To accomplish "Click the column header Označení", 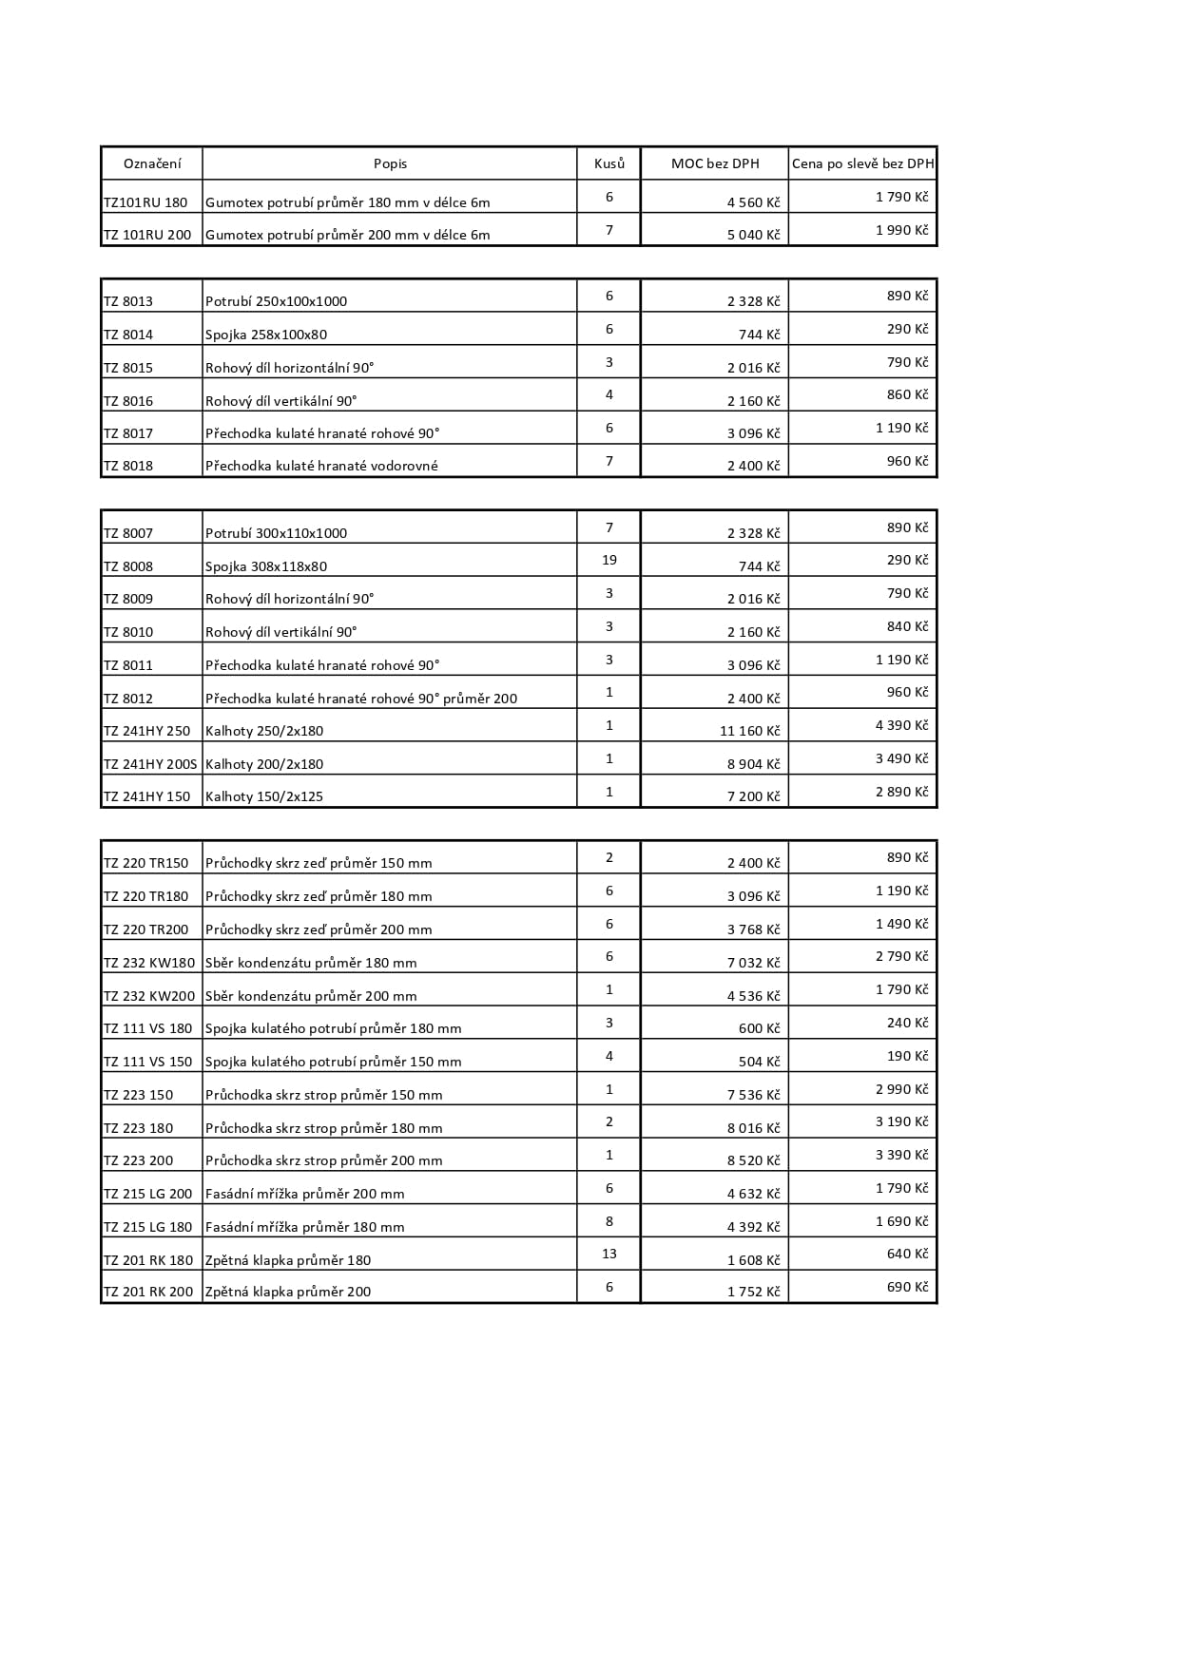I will pyautogui.click(x=151, y=163).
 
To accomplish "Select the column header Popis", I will pyautogui.click(x=390, y=163).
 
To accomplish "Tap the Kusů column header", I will pyautogui.click(x=609, y=163).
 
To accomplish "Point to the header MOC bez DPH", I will pyautogui.click(x=715, y=163).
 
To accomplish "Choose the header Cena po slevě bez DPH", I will pyautogui.click(x=862, y=163).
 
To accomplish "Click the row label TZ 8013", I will pyautogui.click(x=128, y=301).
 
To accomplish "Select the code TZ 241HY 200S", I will pyautogui.click(x=150, y=764).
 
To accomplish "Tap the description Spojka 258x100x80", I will pyautogui.click(x=266, y=335).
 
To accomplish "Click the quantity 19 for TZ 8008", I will pyautogui.click(x=609, y=560).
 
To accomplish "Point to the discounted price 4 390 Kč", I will pyautogui.click(x=901, y=725).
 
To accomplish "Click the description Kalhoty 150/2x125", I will pyautogui.click(x=264, y=796).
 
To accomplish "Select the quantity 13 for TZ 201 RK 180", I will pyautogui.click(x=609, y=1254).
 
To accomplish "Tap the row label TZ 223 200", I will pyautogui.click(x=139, y=1160).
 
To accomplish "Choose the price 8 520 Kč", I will pyautogui.click(x=753, y=1160).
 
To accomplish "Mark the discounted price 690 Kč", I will pyautogui.click(x=907, y=1287).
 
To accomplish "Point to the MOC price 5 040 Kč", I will pyautogui.click(x=753, y=235).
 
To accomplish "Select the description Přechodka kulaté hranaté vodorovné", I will pyautogui.click(x=321, y=466).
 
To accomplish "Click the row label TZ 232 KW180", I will pyautogui.click(x=149, y=963).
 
